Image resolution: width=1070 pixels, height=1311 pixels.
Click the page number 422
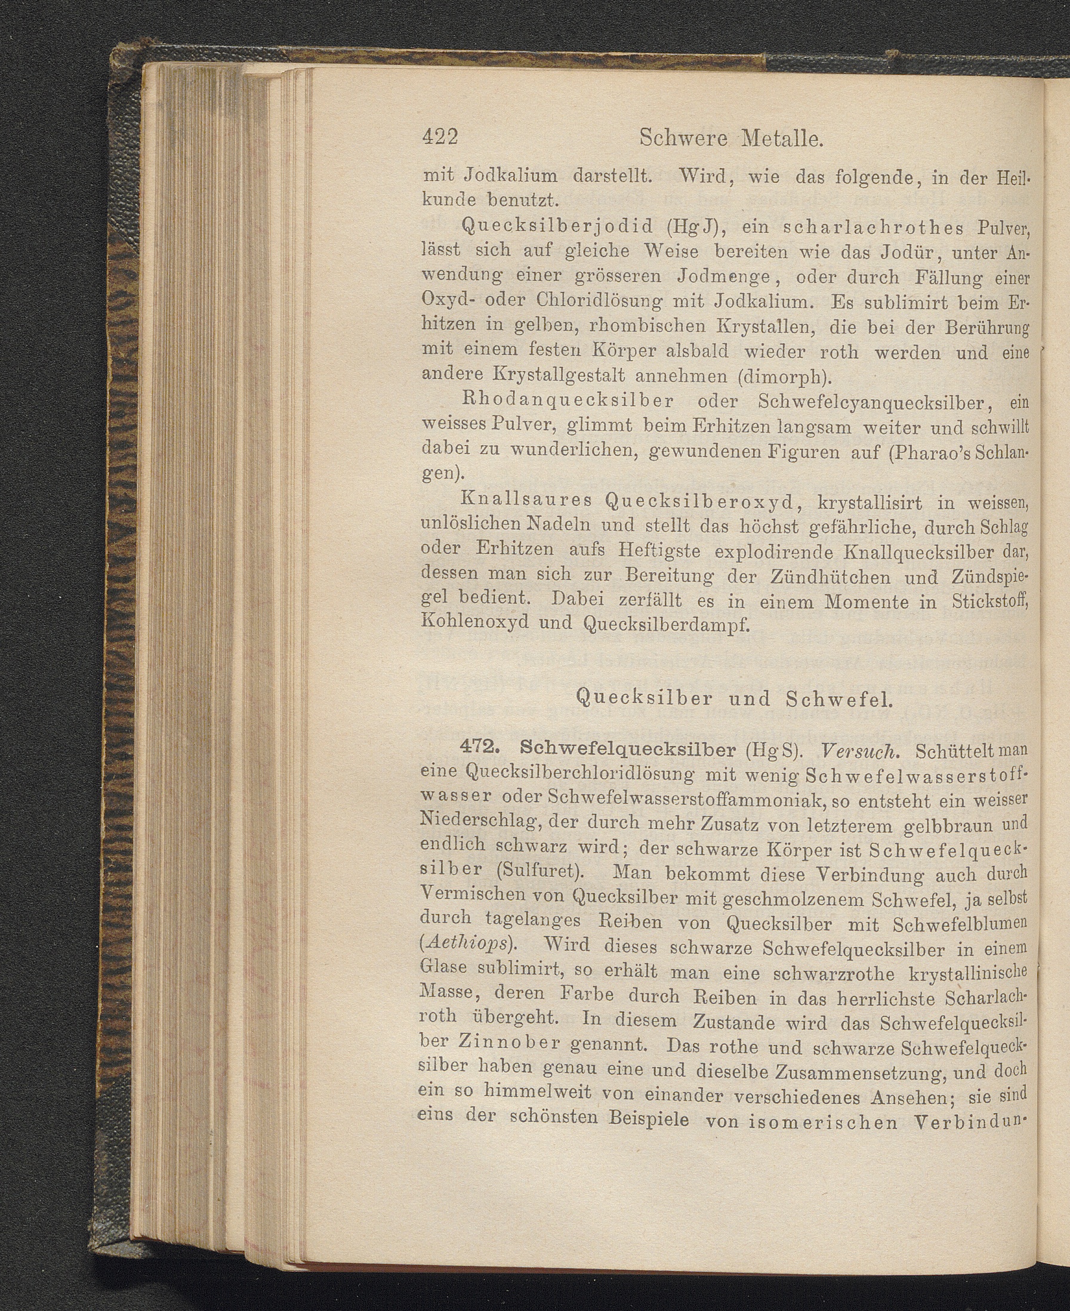440,137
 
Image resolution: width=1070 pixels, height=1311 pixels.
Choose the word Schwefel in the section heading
839,698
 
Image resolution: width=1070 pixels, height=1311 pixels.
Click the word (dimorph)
779,375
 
